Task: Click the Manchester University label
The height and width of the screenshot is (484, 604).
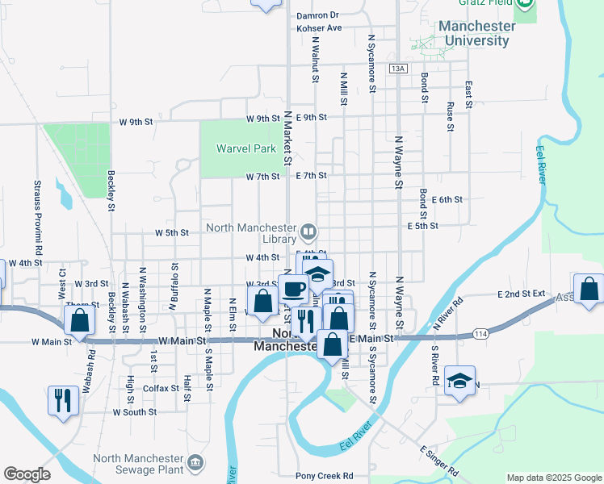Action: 476,33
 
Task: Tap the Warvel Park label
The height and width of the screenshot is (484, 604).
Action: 245,148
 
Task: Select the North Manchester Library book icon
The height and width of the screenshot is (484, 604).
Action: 308,233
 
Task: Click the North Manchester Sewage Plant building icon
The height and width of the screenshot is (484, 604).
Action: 195,462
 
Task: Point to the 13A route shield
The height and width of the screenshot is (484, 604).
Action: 396,69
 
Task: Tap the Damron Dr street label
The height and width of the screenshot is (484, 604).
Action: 317,15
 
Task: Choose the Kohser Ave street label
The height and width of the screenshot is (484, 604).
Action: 320,27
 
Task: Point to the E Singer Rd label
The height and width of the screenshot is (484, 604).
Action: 439,460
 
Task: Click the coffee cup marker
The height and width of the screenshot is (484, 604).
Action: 294,289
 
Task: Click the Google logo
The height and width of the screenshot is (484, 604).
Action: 27,474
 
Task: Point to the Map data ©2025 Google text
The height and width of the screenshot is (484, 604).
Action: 554,478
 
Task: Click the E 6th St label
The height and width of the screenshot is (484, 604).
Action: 447,199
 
